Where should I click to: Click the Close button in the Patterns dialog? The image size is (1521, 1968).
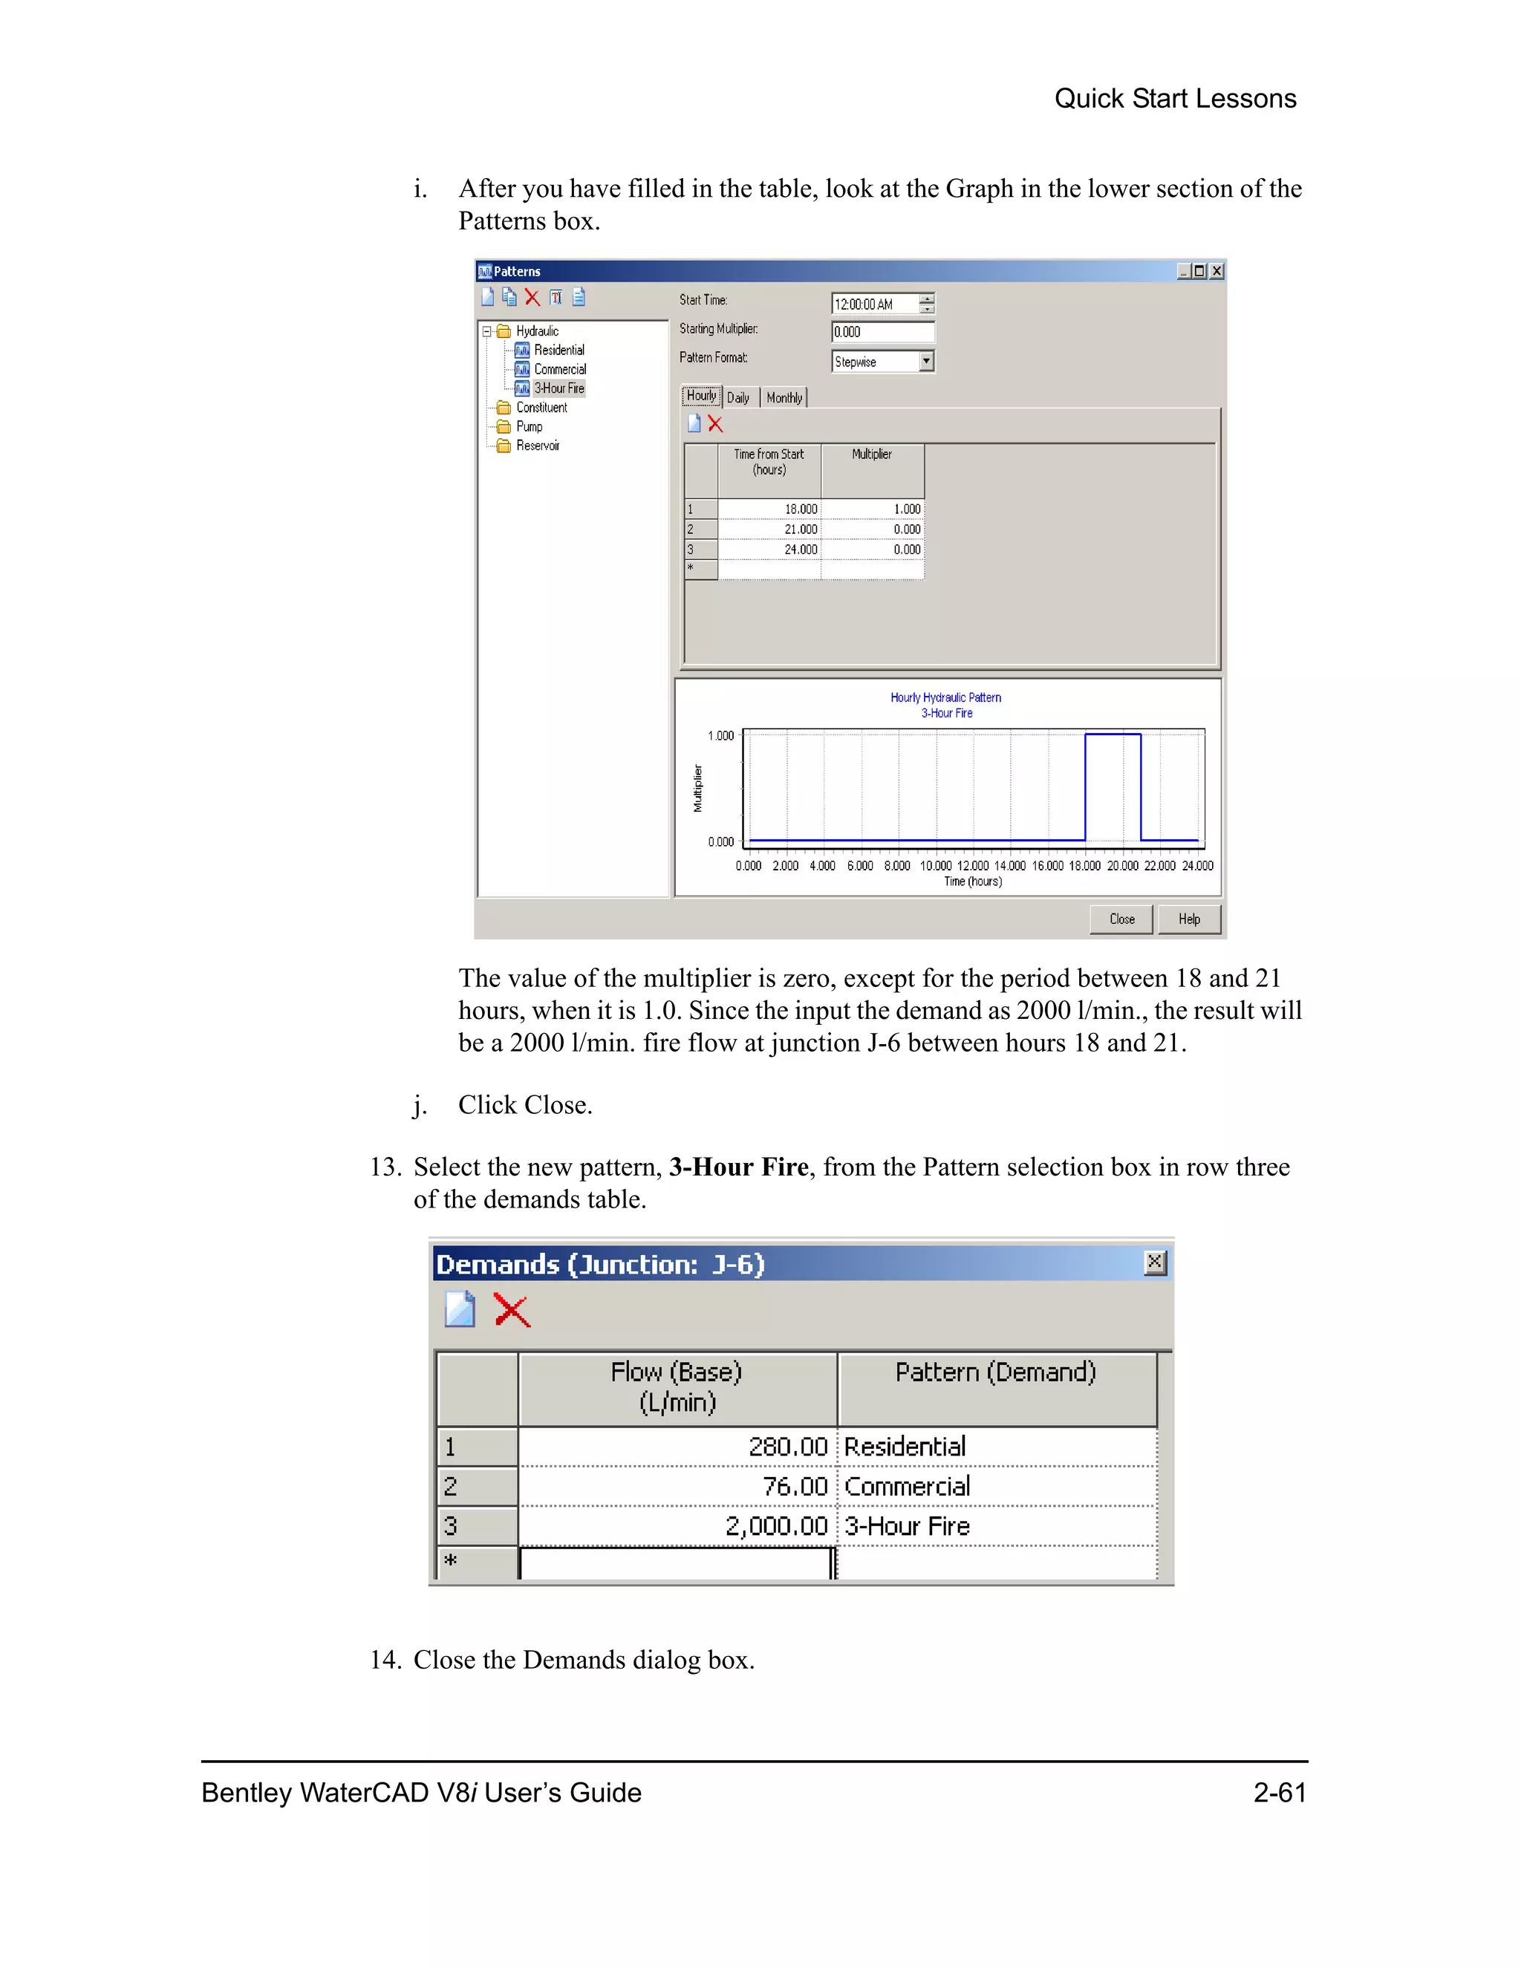click(1121, 919)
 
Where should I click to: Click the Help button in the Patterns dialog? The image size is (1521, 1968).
click(1188, 919)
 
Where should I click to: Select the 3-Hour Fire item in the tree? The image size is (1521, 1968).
click(558, 388)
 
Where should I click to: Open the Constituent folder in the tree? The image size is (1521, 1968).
click(541, 407)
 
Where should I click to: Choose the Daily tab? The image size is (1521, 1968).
click(738, 397)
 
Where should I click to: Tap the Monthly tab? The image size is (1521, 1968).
click(784, 397)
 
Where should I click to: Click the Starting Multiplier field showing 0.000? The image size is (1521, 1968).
click(882, 332)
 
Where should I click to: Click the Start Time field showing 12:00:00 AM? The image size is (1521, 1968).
click(874, 304)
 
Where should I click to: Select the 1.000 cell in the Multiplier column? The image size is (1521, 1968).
click(874, 509)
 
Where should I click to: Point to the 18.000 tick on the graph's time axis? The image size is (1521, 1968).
click(1085, 866)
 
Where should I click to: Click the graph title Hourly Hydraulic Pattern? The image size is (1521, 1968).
click(945, 697)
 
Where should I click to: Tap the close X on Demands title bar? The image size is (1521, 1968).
click(1154, 1262)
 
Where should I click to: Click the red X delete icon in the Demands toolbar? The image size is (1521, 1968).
click(512, 1310)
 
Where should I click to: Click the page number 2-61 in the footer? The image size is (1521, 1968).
click(1279, 1792)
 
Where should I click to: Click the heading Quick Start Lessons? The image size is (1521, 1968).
click(1175, 98)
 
